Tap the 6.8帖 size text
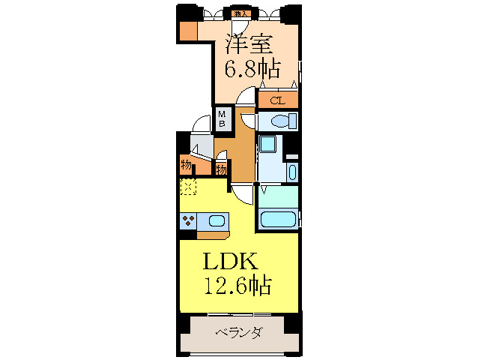253,70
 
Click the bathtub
277,220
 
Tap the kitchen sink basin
216,221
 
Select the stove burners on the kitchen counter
187,221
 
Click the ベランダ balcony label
238,332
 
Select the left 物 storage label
186,165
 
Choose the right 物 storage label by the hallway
222,169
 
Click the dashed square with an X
187,186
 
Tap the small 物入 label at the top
240,13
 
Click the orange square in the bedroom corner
188,31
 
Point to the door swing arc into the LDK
241,193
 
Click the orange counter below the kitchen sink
213,235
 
